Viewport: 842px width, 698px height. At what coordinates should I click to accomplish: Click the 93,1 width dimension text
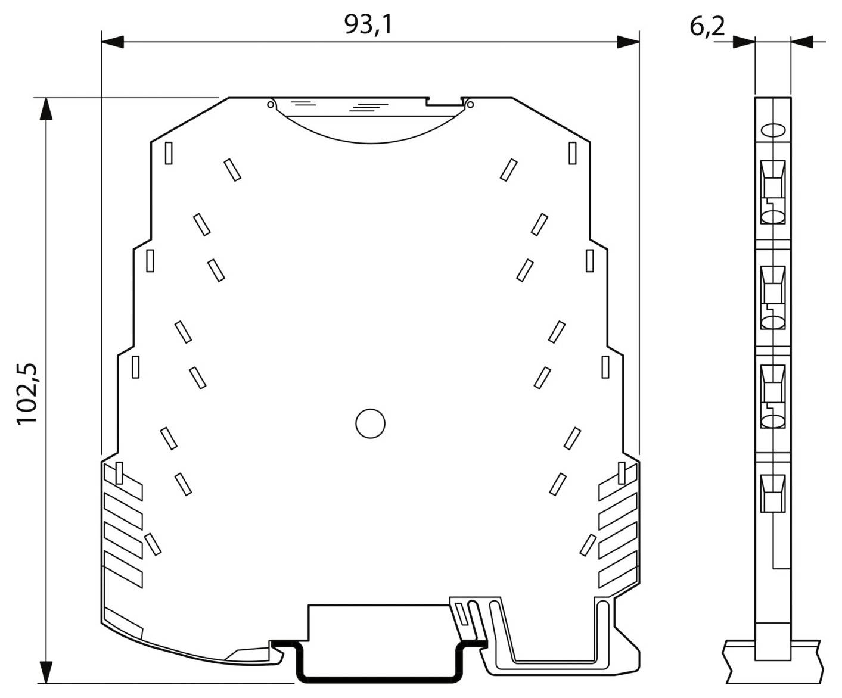coord(368,24)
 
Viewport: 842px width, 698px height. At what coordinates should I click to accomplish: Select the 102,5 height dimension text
coord(27,394)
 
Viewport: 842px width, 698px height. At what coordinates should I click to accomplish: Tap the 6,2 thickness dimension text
coord(707,27)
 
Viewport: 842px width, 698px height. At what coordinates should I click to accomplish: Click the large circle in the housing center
coord(370,423)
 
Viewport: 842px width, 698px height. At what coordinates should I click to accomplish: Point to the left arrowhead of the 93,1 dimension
coord(113,42)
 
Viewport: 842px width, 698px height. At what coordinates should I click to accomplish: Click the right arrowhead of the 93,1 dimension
coord(628,42)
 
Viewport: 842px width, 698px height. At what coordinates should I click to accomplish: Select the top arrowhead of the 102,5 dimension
coord(46,109)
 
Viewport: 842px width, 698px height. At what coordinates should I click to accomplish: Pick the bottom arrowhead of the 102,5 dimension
coord(46,672)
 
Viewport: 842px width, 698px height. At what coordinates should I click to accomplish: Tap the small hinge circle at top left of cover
coord(271,105)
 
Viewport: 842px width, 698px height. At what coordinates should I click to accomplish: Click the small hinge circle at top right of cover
coord(470,105)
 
